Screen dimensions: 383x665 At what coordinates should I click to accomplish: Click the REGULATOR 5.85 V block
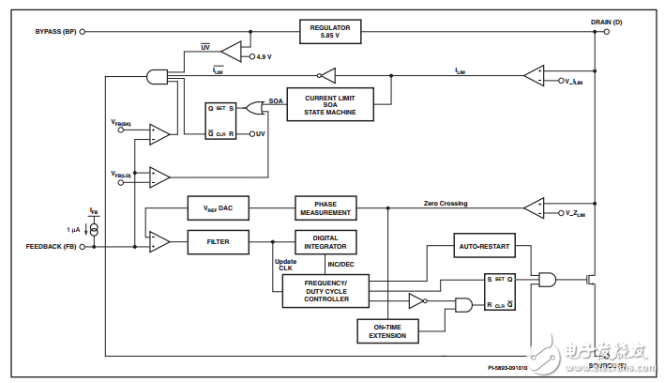(x=329, y=31)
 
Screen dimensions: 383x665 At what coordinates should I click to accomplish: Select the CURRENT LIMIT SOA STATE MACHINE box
(x=329, y=103)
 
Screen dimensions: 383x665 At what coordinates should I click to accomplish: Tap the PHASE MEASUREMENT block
(x=325, y=207)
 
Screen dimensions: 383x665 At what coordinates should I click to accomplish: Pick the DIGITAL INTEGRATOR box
(x=325, y=243)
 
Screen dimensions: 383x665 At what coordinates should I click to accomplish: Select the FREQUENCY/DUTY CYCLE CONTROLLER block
(x=325, y=291)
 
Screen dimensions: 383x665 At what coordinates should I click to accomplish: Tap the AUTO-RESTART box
(x=484, y=248)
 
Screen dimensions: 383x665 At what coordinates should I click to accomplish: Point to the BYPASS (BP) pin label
(x=54, y=31)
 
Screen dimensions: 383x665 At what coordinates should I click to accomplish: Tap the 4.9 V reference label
(x=265, y=57)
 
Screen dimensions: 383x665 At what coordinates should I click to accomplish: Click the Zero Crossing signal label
(x=445, y=203)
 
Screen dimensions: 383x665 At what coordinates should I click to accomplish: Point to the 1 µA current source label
(x=73, y=230)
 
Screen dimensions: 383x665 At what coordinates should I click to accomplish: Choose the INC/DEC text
(x=340, y=265)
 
